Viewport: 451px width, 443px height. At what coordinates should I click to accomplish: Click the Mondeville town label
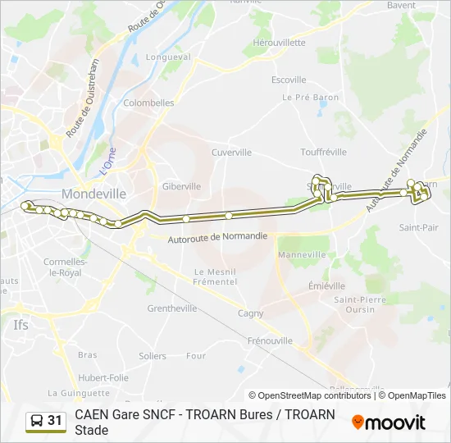(x=93, y=194)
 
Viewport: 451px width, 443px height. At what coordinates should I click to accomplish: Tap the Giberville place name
(x=181, y=186)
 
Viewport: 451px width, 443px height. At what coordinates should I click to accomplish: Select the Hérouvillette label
(x=279, y=43)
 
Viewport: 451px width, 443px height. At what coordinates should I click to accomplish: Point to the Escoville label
(x=289, y=80)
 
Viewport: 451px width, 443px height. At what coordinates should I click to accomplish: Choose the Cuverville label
(x=231, y=153)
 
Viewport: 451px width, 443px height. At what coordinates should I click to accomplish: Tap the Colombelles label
(x=148, y=103)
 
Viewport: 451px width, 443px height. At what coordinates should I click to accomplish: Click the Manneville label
(x=302, y=255)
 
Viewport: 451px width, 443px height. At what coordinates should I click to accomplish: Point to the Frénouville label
(x=270, y=340)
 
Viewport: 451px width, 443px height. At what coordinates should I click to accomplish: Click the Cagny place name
(x=251, y=313)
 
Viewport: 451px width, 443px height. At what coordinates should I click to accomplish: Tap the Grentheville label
(x=172, y=309)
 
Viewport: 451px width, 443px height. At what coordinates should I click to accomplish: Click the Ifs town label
(x=21, y=325)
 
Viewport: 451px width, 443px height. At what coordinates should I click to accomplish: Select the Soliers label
(x=153, y=356)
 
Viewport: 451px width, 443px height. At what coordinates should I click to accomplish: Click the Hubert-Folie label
(x=103, y=378)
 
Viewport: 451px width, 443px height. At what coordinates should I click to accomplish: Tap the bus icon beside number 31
(x=36, y=421)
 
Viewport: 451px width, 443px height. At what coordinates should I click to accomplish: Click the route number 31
(x=55, y=421)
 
